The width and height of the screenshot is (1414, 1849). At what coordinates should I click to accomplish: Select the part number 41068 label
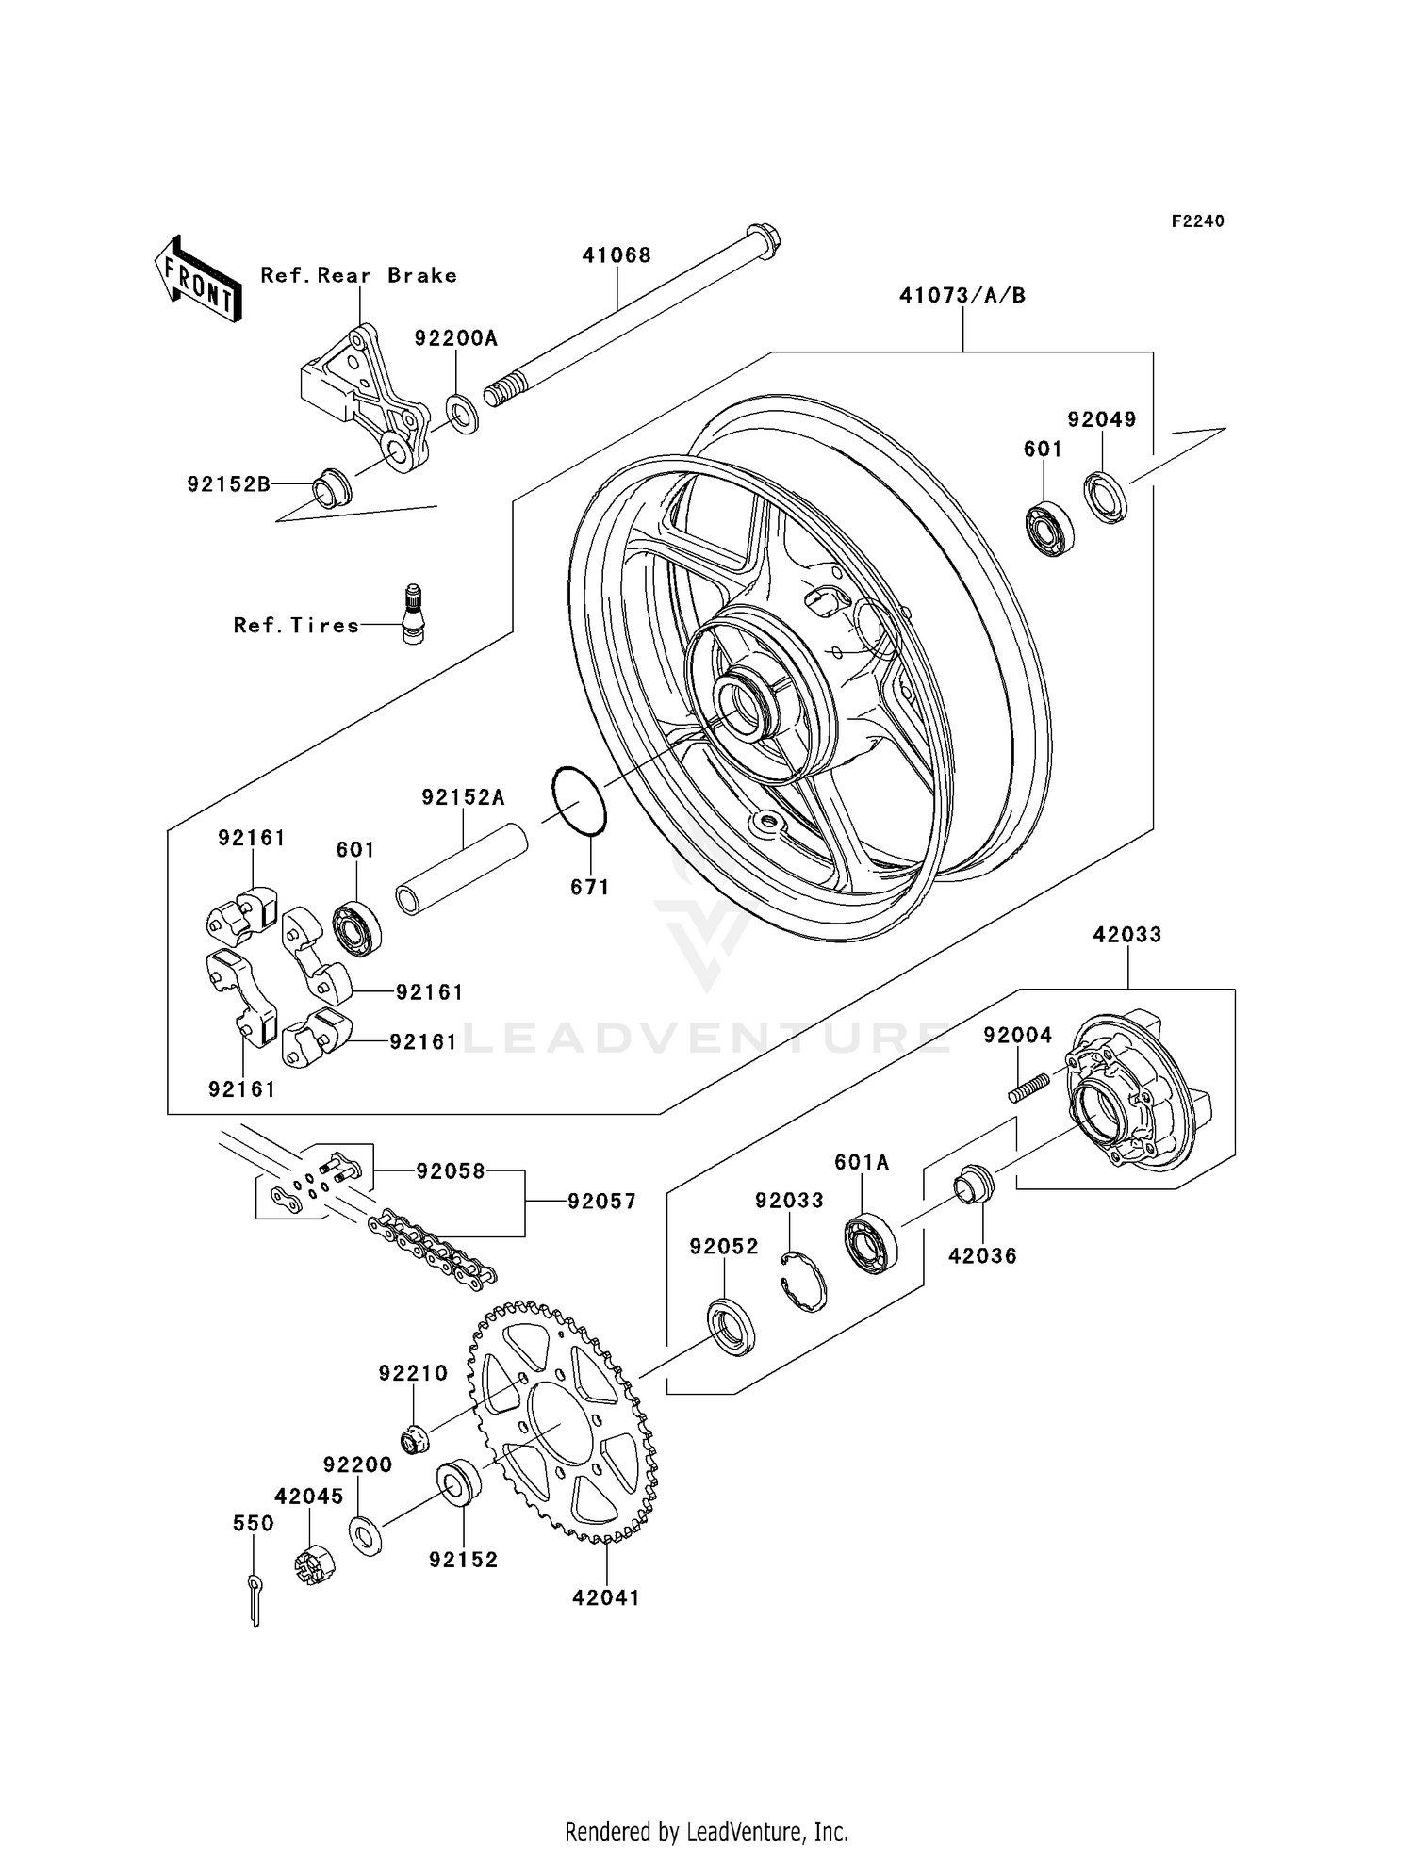617,255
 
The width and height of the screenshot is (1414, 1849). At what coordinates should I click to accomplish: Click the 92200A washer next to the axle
462,413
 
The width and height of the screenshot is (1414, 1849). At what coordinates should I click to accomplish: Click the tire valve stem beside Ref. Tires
413,614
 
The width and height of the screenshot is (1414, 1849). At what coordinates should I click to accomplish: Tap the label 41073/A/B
962,296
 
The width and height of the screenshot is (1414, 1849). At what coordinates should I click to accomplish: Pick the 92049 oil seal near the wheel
1106,497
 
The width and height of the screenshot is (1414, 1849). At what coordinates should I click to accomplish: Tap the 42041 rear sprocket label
606,1598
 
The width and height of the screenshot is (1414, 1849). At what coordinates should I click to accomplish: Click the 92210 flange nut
414,1440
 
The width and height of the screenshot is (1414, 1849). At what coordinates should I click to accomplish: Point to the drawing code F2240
1197,221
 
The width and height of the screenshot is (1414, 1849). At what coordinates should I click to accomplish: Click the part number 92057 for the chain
601,1202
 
